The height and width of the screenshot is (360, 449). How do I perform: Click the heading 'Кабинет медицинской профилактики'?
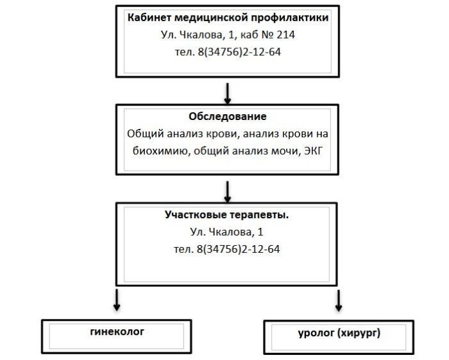click(228, 18)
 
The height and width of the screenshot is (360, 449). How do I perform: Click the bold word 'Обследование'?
click(228, 117)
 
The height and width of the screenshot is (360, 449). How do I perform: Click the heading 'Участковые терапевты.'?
click(226, 215)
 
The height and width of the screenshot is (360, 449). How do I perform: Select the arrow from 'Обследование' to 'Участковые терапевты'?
click(227, 191)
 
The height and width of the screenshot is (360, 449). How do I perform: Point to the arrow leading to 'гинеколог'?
click(117, 298)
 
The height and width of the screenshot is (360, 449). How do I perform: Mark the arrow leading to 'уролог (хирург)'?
click(338, 299)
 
